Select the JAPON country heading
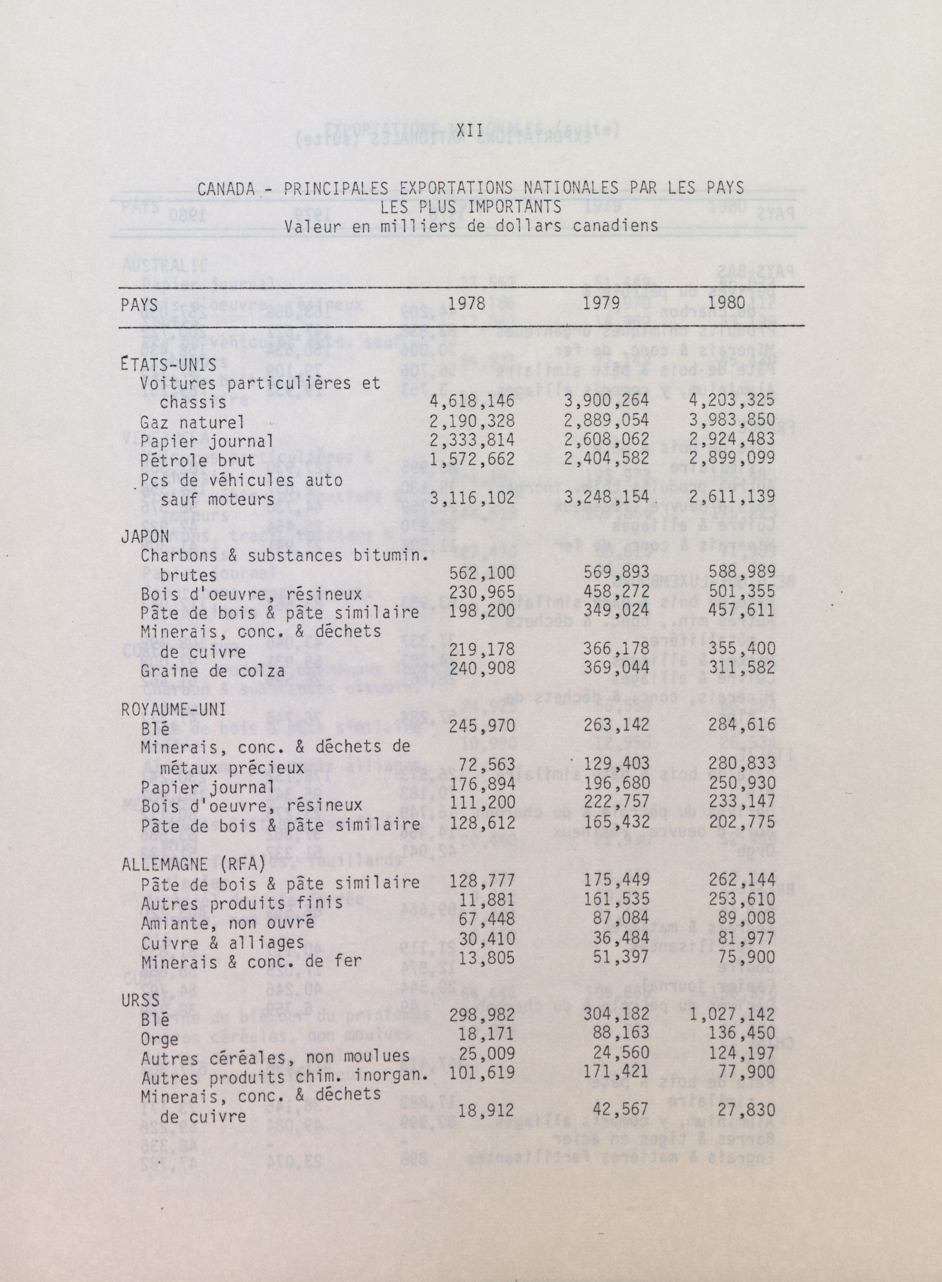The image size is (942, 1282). pyautogui.click(x=145, y=536)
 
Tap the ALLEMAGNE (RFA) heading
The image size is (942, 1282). pyautogui.click(x=193, y=864)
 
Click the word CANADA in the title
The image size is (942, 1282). pyautogui.click(x=226, y=189)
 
